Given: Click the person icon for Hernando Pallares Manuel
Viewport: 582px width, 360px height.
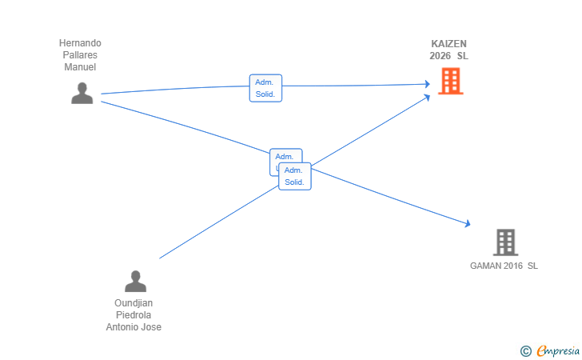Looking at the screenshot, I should click(82, 93).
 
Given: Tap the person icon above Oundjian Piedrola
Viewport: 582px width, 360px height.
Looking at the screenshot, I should click(135, 281).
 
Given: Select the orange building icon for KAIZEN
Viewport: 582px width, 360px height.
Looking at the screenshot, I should click(450, 81).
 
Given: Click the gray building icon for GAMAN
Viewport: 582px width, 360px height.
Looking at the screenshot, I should click(504, 242).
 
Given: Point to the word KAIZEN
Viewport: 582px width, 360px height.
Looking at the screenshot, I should click(448, 44).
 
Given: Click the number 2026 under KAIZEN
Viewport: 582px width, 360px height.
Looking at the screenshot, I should click(440, 56).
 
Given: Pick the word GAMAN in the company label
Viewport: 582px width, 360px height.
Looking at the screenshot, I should click(485, 266).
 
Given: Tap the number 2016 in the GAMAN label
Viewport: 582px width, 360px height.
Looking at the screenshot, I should click(513, 266).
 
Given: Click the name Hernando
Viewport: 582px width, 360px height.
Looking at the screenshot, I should click(80, 43).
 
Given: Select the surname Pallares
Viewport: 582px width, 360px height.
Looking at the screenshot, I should click(80, 55).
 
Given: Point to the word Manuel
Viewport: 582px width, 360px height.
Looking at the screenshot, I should click(80, 67).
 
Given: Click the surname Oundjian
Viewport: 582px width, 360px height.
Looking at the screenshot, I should click(134, 303).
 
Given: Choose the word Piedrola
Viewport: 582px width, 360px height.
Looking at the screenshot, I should click(134, 315).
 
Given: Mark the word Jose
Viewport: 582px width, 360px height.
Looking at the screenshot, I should click(152, 327).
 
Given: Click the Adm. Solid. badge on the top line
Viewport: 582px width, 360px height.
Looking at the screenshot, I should click(265, 88).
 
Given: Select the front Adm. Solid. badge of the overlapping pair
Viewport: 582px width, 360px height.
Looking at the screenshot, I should click(295, 176).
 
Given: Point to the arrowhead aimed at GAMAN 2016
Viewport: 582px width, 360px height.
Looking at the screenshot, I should click(468, 226).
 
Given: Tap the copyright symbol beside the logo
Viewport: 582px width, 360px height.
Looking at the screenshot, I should click(525, 350).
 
